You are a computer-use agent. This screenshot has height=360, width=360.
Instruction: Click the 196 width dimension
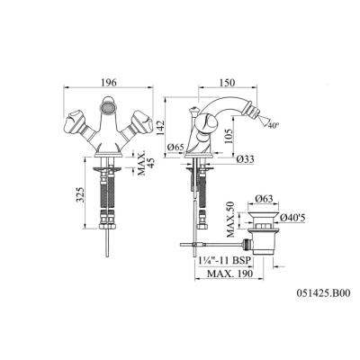pos(108,83)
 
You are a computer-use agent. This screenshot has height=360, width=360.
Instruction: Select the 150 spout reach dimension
pos(228,83)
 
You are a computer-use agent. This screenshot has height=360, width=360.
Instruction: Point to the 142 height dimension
pos(160,128)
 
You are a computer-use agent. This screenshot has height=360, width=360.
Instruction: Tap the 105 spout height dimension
pos(229,137)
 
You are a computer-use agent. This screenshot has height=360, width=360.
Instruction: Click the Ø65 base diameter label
pos(175,148)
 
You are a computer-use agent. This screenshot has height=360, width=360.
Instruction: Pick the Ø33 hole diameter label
pos(245,159)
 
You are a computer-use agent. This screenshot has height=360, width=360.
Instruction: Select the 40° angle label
pos(274,126)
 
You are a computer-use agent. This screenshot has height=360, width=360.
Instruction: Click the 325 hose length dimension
pos(80,195)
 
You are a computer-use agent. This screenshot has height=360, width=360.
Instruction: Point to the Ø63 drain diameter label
pos(264,199)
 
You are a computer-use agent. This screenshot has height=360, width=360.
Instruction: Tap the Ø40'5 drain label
pos(292,219)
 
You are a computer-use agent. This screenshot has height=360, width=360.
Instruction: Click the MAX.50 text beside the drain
pos(230,219)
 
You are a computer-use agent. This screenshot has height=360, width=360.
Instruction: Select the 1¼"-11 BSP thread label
pos(224,260)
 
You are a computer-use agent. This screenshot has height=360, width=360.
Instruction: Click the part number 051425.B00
pos(323,292)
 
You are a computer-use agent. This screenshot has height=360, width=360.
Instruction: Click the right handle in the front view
pos(139,123)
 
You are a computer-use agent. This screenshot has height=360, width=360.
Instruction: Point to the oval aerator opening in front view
pos(108,107)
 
